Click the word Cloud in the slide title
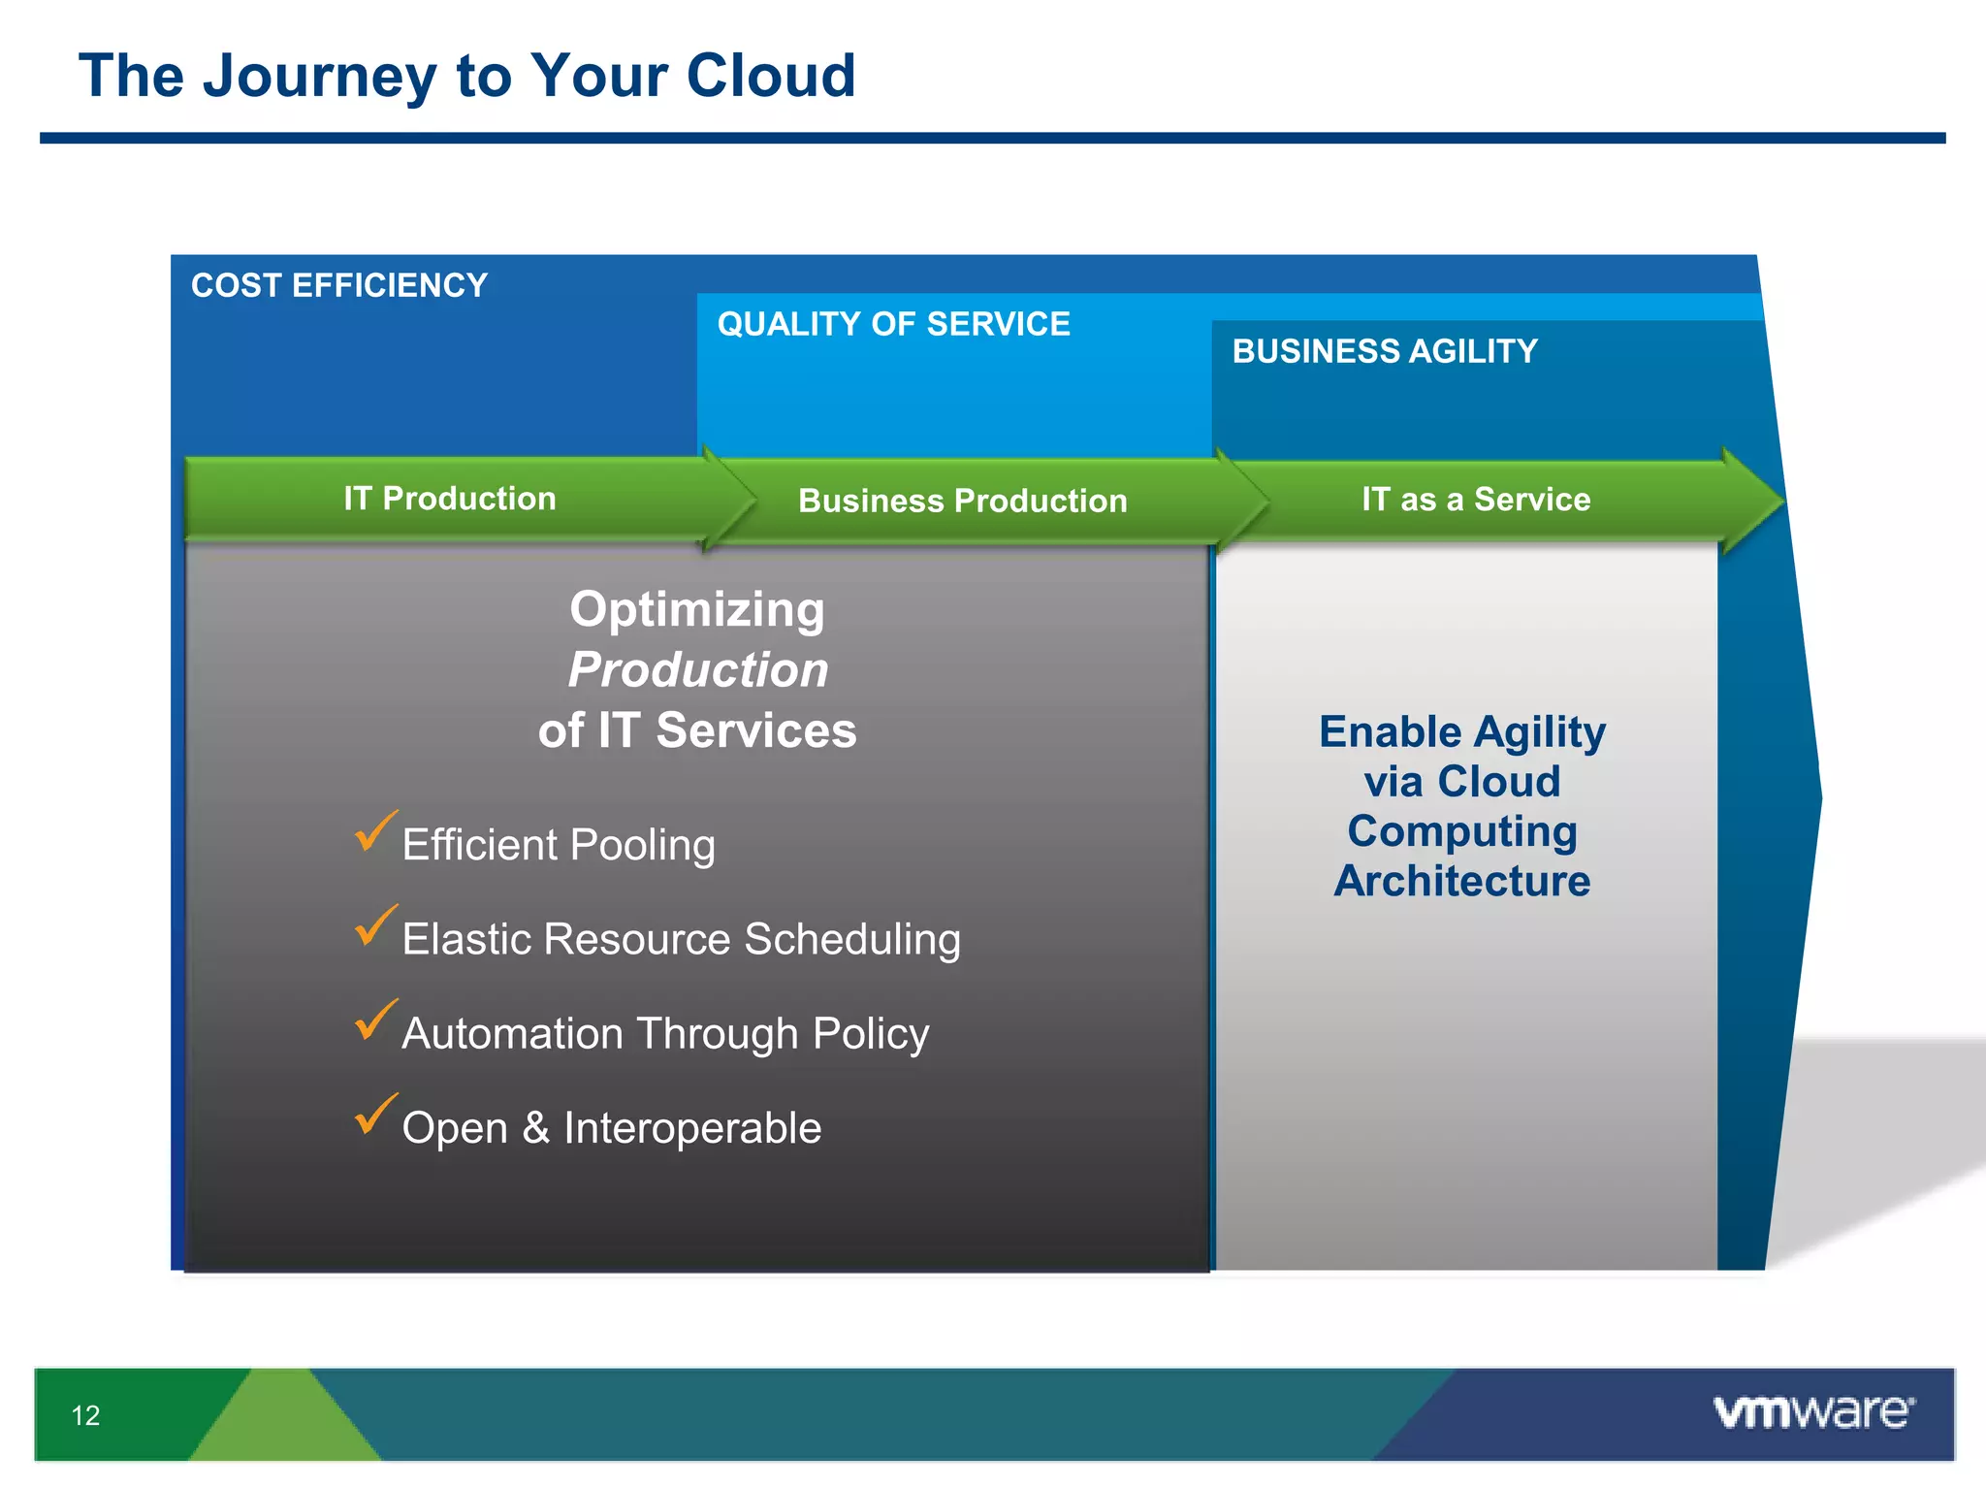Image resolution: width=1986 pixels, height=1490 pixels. click(771, 76)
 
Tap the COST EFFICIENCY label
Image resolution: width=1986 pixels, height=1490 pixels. click(338, 285)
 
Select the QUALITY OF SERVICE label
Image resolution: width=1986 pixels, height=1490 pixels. click(893, 324)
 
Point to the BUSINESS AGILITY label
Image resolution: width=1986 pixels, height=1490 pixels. click(1384, 351)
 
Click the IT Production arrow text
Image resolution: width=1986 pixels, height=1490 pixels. click(449, 499)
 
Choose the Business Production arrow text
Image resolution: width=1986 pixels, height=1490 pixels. click(962, 501)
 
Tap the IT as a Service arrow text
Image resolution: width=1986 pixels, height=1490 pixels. click(1475, 500)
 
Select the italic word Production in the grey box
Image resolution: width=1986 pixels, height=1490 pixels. click(698, 669)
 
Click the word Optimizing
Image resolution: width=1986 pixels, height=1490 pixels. click(697, 609)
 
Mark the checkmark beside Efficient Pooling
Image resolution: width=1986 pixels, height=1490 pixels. click(374, 831)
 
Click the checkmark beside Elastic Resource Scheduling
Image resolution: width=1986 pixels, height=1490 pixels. click(374, 925)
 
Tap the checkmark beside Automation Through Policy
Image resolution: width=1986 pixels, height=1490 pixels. click(374, 1020)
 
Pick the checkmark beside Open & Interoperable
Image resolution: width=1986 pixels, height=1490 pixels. click(374, 1114)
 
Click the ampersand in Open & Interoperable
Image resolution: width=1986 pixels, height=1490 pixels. click(535, 1128)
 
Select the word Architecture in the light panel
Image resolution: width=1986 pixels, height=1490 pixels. click(1461, 881)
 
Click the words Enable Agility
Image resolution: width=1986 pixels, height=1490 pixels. click(1461, 731)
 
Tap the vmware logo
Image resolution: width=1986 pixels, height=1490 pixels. click(1812, 1411)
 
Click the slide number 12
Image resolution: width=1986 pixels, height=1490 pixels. click(85, 1415)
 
